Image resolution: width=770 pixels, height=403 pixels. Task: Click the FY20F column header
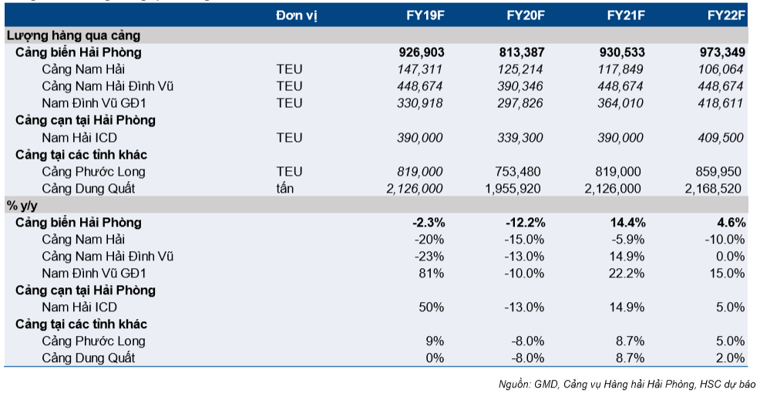pyautogui.click(x=526, y=15)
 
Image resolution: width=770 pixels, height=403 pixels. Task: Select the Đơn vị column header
pyautogui.click(x=297, y=15)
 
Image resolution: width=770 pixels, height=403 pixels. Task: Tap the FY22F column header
pyautogui.click(x=726, y=15)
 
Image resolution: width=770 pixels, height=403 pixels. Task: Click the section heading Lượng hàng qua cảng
pyautogui.click(x=73, y=36)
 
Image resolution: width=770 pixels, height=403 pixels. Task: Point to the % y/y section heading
pyautogui.click(x=22, y=206)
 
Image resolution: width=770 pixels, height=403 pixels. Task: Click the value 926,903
pyautogui.click(x=422, y=52)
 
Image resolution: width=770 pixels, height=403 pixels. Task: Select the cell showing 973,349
pyautogui.click(x=722, y=52)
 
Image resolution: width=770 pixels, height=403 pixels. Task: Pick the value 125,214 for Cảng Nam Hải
pyautogui.click(x=520, y=69)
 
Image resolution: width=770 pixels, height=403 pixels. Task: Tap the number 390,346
pyautogui.click(x=520, y=86)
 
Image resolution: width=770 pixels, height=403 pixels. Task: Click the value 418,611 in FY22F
pyautogui.click(x=721, y=103)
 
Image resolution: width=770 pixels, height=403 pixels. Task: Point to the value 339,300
pyautogui.click(x=520, y=137)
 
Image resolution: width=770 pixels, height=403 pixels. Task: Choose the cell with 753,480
pyautogui.click(x=518, y=172)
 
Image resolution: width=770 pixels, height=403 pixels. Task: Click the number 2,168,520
pyautogui.click(x=713, y=189)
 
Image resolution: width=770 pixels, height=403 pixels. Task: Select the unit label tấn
pyautogui.click(x=285, y=189)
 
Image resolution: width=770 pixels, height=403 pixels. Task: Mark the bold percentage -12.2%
pyautogui.click(x=526, y=223)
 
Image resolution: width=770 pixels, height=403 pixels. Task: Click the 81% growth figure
pyautogui.click(x=431, y=274)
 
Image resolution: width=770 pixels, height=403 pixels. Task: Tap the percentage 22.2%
pyautogui.click(x=627, y=274)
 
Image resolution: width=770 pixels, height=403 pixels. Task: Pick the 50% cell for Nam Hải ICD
pyautogui.click(x=431, y=307)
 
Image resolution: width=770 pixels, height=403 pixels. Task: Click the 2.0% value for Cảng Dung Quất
pyautogui.click(x=730, y=358)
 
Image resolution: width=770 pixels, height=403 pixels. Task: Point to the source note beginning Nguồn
pyautogui.click(x=627, y=385)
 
